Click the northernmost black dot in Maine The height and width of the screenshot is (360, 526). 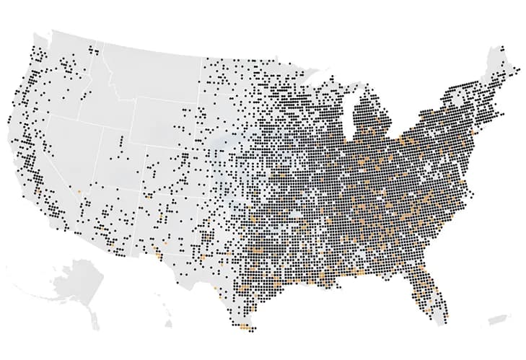point(501,49)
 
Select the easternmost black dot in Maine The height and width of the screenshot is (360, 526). point(517,69)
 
